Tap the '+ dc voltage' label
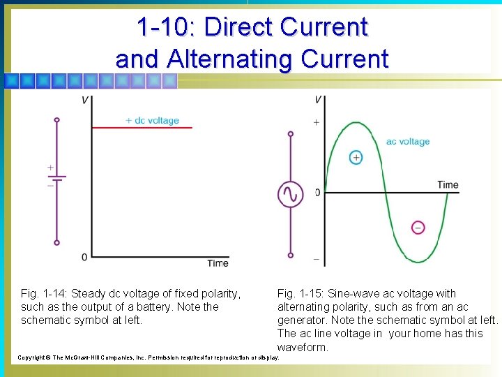coord(152,120)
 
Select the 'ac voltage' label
coord(408,141)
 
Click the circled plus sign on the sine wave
coord(356,157)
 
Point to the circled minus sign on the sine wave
coord(418,227)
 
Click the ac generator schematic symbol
coord(291,194)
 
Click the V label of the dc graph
coord(85,101)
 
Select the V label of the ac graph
coord(318,100)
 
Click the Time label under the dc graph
coord(218,263)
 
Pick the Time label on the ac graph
coord(448,185)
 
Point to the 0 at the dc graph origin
coord(84,257)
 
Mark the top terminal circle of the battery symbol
coord(57,120)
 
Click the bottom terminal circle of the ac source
coord(291,255)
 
